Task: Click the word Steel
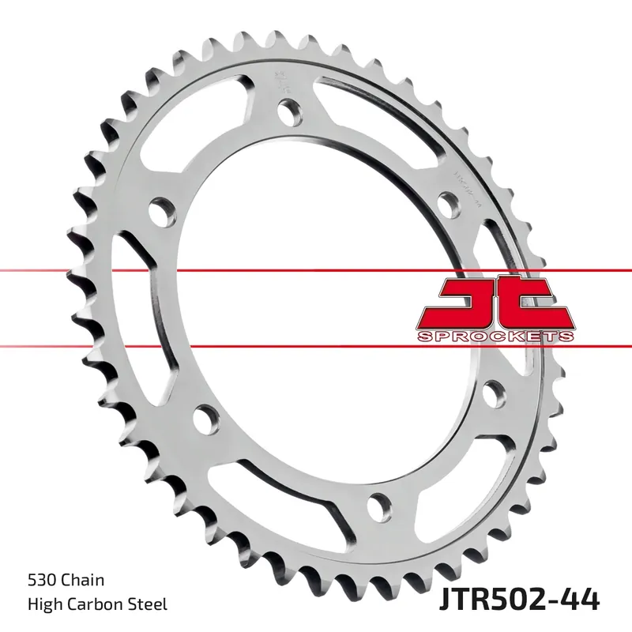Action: coord(147,604)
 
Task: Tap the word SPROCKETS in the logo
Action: coord(495,337)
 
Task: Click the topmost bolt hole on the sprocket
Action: coord(288,113)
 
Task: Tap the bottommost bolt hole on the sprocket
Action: coord(382,502)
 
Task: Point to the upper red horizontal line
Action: coord(316,271)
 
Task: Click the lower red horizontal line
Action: coord(316,345)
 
